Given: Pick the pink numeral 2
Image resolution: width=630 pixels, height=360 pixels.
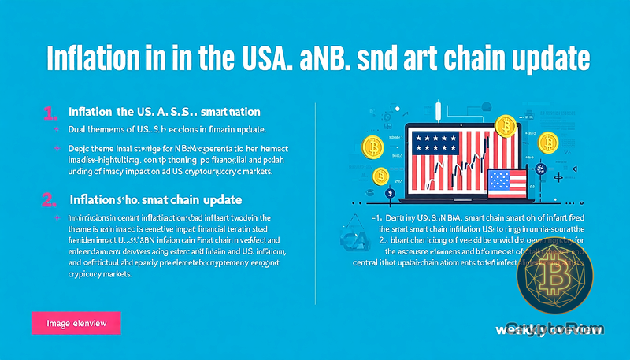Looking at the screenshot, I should coord(48,199).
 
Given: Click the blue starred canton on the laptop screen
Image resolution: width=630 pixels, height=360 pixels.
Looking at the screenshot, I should coord(438,143).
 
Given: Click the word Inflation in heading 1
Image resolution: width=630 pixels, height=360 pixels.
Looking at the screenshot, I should coord(94,112).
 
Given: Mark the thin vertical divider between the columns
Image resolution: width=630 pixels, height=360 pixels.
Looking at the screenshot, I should coord(315,205).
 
